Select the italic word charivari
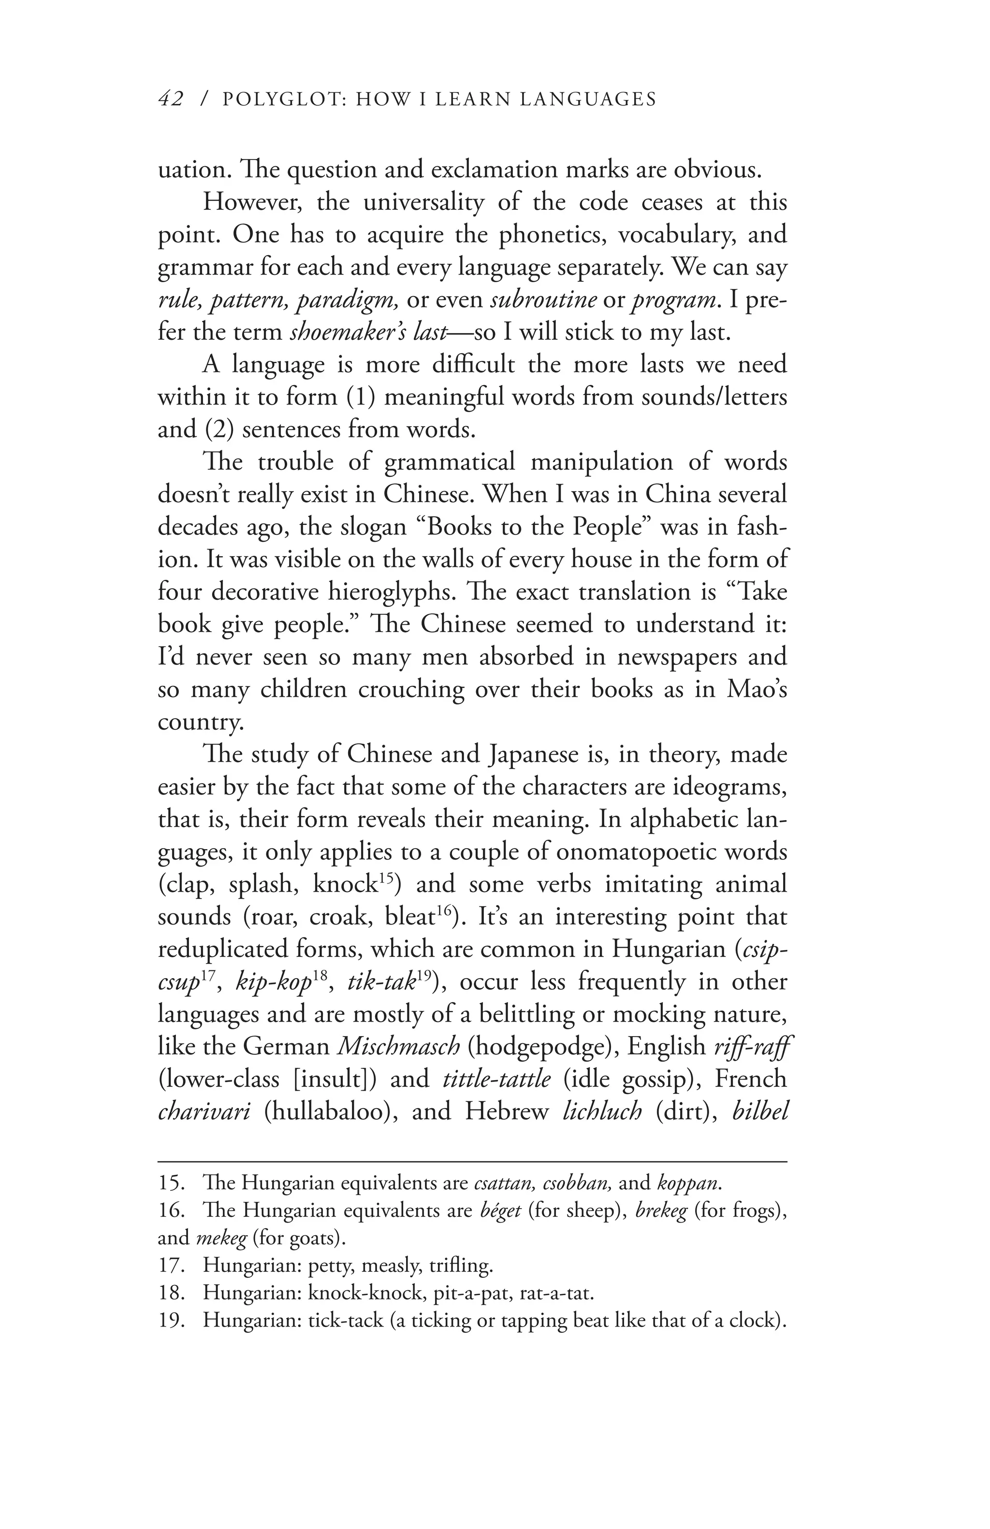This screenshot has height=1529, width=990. click(x=204, y=1111)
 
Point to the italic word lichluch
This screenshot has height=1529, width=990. click(x=601, y=1111)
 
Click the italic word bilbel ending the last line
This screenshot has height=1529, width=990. click(x=759, y=1111)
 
